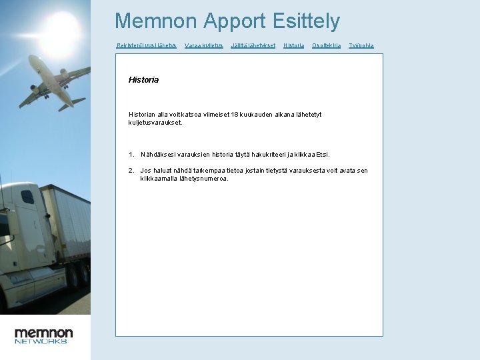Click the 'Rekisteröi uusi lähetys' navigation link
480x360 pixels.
coord(146,45)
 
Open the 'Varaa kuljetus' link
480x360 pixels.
coord(203,45)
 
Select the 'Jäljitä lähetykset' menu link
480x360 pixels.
coord(253,45)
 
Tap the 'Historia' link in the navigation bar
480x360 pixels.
coord(293,45)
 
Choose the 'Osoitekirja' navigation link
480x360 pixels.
coord(327,45)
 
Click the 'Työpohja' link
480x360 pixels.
coord(361,45)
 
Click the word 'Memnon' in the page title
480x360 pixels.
coord(156,21)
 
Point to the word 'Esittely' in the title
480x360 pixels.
coord(306,21)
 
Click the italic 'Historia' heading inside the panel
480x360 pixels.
coord(143,80)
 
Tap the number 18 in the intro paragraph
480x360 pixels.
coord(234,115)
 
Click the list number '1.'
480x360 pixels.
coord(131,154)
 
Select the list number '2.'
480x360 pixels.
coord(131,171)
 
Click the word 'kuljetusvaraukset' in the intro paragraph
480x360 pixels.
coord(155,123)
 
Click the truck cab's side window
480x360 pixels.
coord(27,197)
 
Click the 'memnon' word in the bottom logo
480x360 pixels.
coord(44,332)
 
